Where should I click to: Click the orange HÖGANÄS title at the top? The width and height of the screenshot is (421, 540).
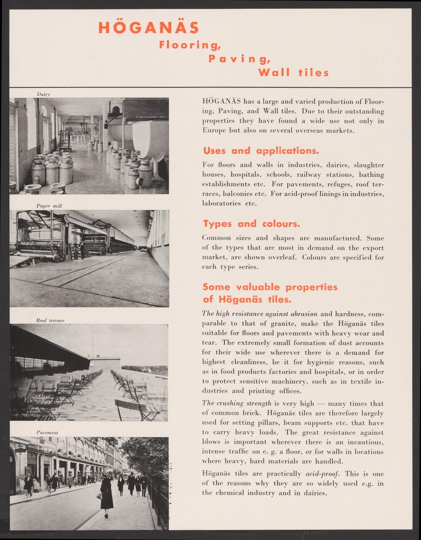coord(148,28)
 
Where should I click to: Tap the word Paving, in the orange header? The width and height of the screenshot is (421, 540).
coord(239,58)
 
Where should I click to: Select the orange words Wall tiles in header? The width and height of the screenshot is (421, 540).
coord(293,72)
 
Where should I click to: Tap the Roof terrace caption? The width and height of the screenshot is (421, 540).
coord(50,320)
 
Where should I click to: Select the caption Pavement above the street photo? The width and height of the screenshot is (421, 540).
coord(47,432)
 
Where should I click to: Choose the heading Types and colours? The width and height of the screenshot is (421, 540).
coord(251,224)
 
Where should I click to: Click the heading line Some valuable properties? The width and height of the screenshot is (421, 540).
coord(270,287)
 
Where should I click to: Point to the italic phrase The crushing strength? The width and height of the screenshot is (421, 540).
coord(236,403)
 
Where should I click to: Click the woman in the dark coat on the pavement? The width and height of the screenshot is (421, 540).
coord(107,495)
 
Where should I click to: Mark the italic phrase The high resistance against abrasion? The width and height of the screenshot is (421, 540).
coord(260,314)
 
